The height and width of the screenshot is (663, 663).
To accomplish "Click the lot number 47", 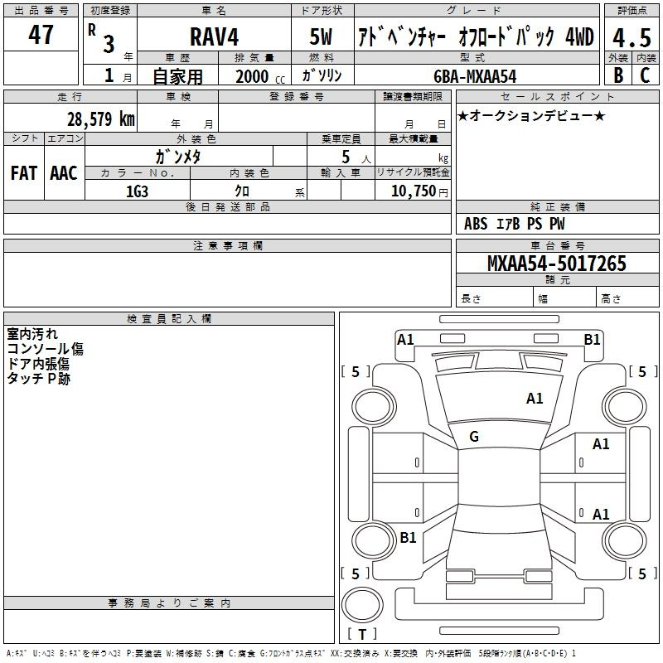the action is [41, 34].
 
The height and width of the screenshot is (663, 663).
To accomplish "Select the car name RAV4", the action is [214, 36].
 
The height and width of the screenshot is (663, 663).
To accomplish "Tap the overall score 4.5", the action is [632, 37].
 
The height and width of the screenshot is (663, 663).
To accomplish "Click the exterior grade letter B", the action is [618, 75].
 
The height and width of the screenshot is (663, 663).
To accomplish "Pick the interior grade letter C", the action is [645, 75].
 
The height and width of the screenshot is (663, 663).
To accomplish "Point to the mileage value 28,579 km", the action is [100, 119].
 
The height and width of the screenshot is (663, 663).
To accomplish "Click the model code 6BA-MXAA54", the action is [475, 76].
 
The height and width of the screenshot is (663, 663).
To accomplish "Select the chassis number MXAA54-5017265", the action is [556, 264].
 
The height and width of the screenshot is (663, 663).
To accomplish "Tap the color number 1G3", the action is [137, 191].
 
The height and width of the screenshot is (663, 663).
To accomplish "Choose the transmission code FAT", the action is [24, 173].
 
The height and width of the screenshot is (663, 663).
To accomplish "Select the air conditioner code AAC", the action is [64, 173].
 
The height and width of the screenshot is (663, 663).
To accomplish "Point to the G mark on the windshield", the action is [474, 437].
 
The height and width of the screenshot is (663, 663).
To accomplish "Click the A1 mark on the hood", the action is [535, 399].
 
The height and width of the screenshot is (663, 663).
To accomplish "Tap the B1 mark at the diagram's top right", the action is [592, 340].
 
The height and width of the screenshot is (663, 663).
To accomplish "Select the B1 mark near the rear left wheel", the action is [408, 537].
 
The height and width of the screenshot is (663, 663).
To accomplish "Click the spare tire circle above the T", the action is [362, 605].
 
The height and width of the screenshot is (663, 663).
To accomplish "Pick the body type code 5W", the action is [321, 36].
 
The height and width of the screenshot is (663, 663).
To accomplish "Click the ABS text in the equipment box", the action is [476, 224].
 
